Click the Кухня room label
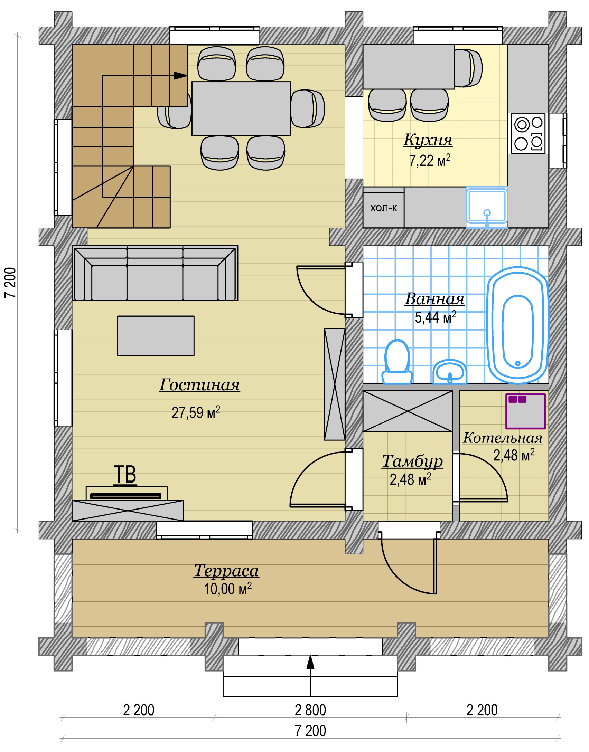tap(428, 140)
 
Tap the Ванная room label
tap(434, 299)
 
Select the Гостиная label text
tap(199, 385)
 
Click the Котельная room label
tap(503, 438)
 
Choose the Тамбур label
tap(412, 461)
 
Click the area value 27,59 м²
tap(196, 412)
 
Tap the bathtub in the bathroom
tap(517, 325)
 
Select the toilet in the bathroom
tap(397, 362)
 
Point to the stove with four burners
tap(528, 134)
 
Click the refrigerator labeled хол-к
tap(383, 208)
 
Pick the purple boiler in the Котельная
tap(525, 411)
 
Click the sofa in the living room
tap(155, 273)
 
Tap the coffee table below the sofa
tap(156, 335)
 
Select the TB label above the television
tap(125, 475)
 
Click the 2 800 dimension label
tap(310, 710)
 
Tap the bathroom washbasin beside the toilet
tap(450, 372)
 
